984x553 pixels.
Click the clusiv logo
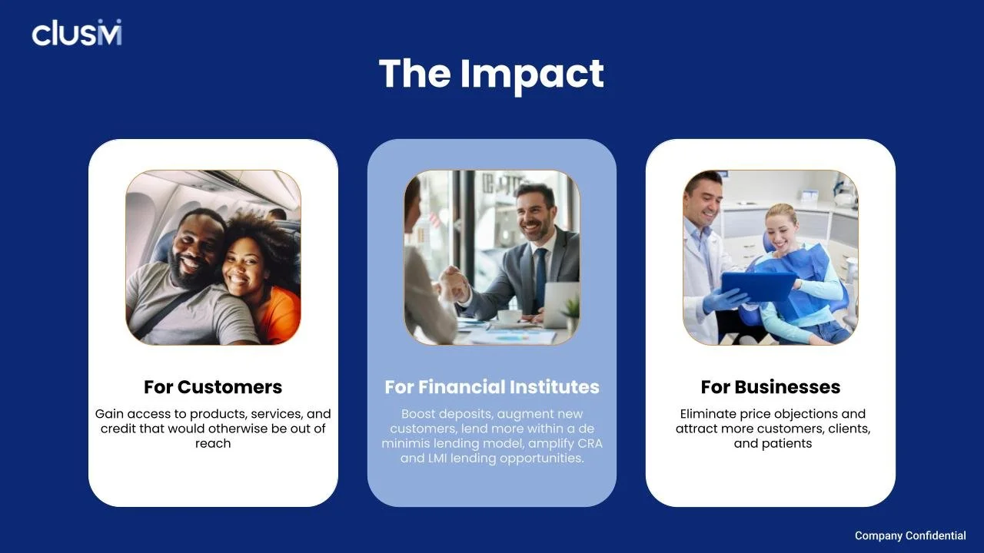[77, 33]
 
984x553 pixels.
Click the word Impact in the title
[532, 74]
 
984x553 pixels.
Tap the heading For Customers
[213, 386]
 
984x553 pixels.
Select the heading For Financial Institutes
[492, 386]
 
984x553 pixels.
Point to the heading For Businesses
[770, 386]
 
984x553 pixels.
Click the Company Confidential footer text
[910, 535]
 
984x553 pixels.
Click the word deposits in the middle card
[469, 414]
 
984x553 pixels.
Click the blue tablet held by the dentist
[759, 286]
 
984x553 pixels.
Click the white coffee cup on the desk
[509, 316]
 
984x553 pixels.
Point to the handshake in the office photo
[452, 285]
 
